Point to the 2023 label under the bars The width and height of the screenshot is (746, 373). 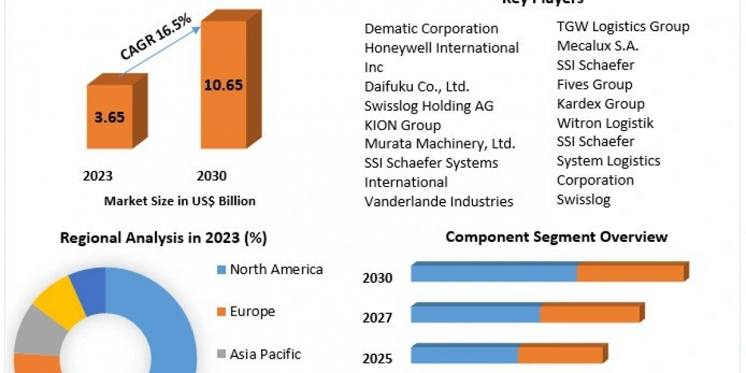[98, 176]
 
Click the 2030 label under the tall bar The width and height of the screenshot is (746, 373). [211, 176]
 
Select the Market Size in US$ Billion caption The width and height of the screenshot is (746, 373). [180, 201]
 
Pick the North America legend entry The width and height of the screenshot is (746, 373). [276, 269]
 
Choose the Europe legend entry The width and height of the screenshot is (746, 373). [252, 311]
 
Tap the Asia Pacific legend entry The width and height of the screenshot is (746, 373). [265, 354]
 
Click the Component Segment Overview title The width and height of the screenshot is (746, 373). [556, 237]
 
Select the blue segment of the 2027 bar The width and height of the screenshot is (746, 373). [475, 314]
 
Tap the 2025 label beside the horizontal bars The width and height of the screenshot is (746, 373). [377, 358]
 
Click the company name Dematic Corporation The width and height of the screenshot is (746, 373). [431, 29]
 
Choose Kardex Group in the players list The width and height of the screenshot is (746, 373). [601, 103]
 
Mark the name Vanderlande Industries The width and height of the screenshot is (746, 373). [439, 201]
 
